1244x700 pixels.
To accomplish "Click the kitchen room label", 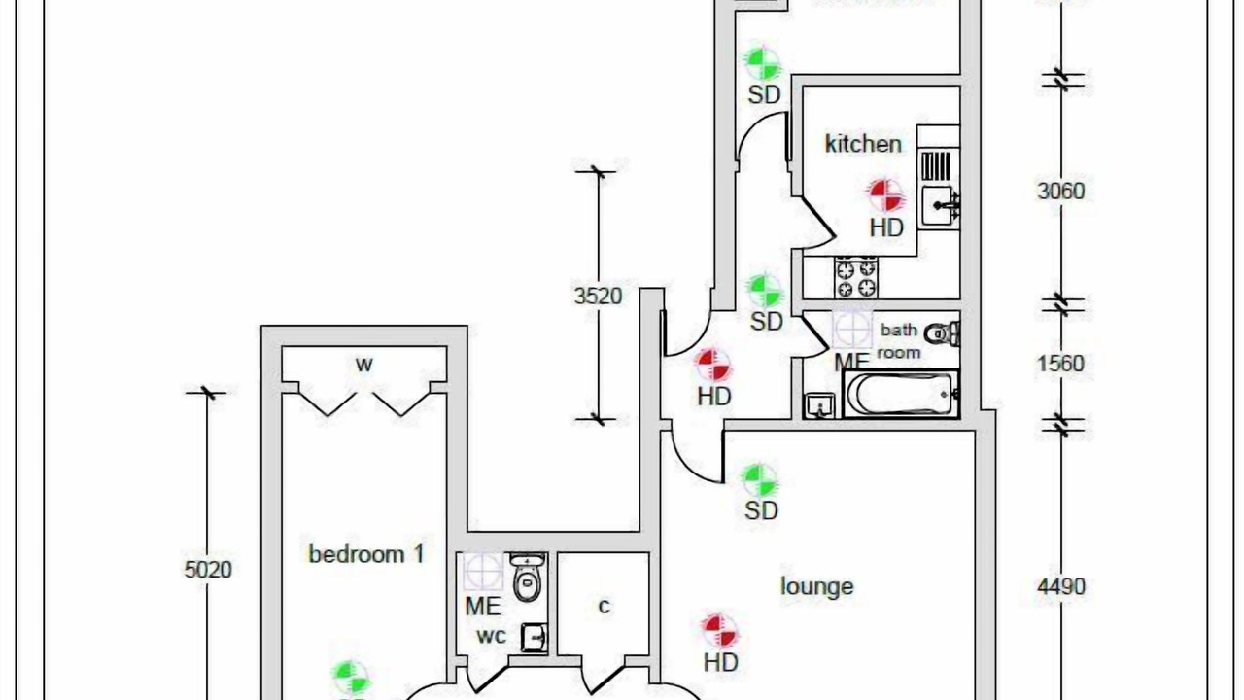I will pyautogui.click(x=863, y=144).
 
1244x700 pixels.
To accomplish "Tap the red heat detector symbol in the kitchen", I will pyautogui.click(x=885, y=195).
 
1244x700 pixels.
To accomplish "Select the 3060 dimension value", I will pyautogui.click(x=1060, y=191).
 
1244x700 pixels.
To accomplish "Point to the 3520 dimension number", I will pyautogui.click(x=597, y=296).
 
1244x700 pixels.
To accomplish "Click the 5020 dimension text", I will pyautogui.click(x=208, y=569).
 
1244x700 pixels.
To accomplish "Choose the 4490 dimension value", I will pyautogui.click(x=1061, y=586).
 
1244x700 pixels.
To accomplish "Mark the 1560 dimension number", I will pyautogui.click(x=1060, y=364).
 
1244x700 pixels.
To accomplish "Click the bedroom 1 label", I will pyautogui.click(x=366, y=554).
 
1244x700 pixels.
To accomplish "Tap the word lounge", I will pyautogui.click(x=817, y=586).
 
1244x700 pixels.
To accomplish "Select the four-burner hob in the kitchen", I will pyautogui.click(x=856, y=278).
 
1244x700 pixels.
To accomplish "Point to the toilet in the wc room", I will pyautogui.click(x=527, y=579).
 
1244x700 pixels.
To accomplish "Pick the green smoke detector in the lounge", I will pyautogui.click(x=760, y=479).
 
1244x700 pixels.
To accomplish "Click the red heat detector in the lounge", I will pyautogui.click(x=719, y=631).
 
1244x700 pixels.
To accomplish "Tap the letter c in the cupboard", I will pyautogui.click(x=604, y=607).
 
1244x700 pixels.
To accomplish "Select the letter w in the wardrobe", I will pyautogui.click(x=363, y=366).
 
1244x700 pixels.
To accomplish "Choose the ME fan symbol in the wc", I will pyautogui.click(x=482, y=572).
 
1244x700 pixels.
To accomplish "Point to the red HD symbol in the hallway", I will pyautogui.click(x=714, y=366).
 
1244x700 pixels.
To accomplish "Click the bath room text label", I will pyautogui.click(x=899, y=341).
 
